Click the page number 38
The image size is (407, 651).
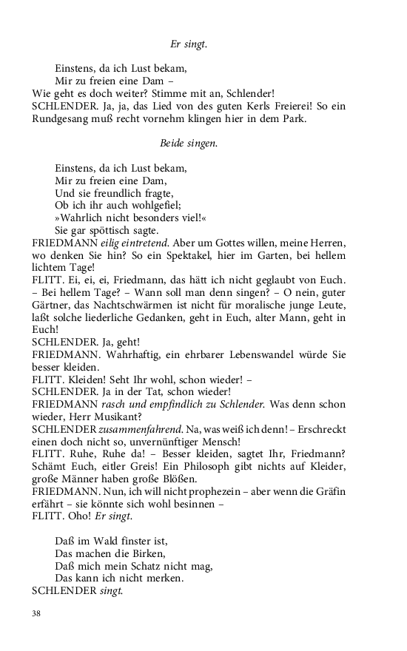38,613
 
